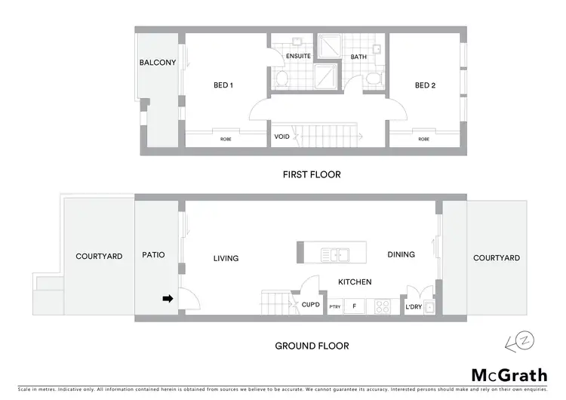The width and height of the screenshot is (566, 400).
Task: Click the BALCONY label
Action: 158,63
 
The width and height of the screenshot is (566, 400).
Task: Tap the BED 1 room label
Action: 223,85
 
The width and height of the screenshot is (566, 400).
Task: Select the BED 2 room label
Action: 425,85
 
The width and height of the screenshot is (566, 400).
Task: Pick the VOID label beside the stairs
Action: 281,137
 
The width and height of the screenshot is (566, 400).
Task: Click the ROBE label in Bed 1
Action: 226,140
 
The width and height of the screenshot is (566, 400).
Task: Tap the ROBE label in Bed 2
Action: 424,140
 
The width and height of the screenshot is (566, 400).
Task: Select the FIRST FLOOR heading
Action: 312,174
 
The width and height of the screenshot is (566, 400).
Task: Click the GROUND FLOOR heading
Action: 312,346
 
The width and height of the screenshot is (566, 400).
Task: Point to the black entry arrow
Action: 168,299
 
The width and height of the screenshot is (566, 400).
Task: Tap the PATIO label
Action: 153,255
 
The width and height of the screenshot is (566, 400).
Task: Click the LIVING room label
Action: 226,258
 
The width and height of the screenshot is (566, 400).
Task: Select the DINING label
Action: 401,254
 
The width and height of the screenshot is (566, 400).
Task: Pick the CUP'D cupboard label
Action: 311,306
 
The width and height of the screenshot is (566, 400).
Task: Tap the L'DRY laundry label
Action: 414,306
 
